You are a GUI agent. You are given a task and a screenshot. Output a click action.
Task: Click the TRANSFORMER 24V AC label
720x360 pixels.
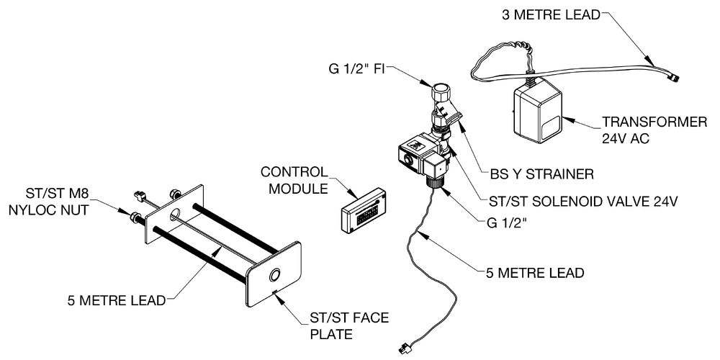pos(654,130)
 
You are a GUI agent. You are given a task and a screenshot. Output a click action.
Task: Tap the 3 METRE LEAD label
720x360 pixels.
pos(551,15)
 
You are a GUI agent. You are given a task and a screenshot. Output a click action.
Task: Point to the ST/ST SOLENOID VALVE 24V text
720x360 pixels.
pos(577,201)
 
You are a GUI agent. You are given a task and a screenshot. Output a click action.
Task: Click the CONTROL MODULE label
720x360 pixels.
pos(294,180)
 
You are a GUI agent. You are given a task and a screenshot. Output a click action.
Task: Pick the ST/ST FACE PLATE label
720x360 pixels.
pos(349,325)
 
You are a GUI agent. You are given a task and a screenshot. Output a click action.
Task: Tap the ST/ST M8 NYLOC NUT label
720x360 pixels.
pos(58,202)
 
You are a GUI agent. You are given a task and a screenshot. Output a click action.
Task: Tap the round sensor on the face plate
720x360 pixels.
pos(274,276)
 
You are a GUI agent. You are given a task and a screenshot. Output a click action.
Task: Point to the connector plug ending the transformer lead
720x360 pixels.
pos(674,78)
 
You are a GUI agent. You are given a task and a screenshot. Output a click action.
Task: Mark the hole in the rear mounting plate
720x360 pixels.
pos(176,214)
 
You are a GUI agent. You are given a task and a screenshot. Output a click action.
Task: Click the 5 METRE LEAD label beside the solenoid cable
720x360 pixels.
pos(535,273)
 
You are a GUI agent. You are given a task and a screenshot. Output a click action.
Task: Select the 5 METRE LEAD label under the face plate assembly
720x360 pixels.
pos(116,301)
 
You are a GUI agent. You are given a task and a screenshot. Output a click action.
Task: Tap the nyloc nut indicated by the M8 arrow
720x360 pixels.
pos(136,217)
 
